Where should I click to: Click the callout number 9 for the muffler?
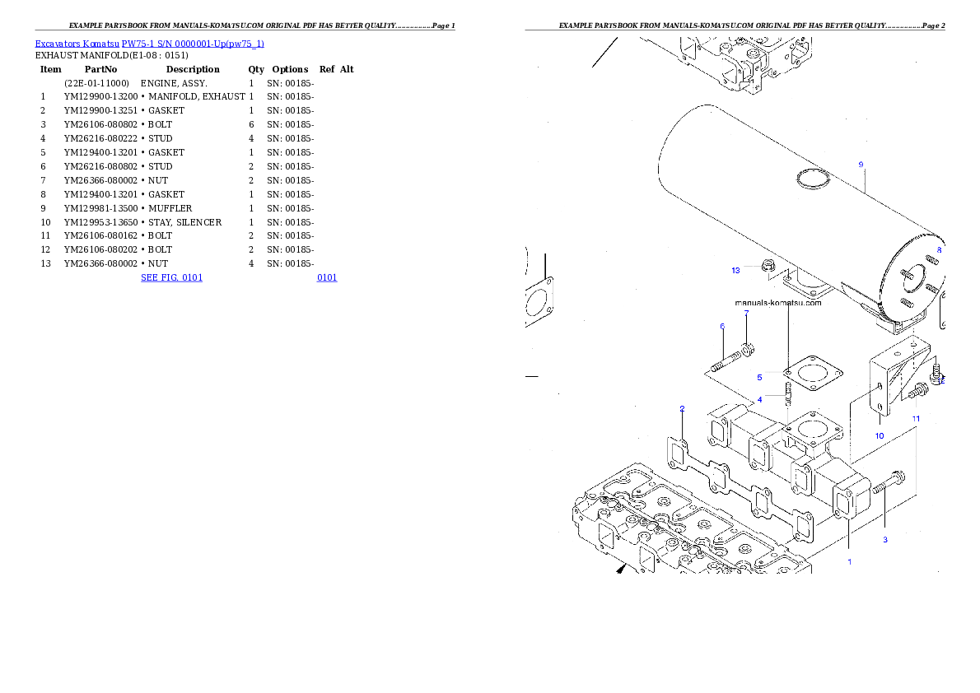(x=861, y=165)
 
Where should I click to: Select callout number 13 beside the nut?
(x=735, y=270)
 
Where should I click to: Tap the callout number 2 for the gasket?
(x=682, y=408)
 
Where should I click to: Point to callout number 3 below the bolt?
(x=885, y=540)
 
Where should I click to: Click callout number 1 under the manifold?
(x=849, y=562)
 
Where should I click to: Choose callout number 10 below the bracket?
(x=879, y=435)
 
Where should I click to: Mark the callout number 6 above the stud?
(x=722, y=327)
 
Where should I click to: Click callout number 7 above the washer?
(x=746, y=313)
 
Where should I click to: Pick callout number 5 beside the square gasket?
(x=759, y=377)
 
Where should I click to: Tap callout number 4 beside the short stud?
(x=759, y=399)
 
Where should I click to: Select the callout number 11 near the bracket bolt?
(x=915, y=418)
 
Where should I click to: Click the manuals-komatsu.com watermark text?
(x=777, y=303)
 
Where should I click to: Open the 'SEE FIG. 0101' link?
(x=171, y=277)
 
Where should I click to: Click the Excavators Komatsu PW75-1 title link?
(x=149, y=44)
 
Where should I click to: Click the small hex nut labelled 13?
(x=768, y=265)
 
